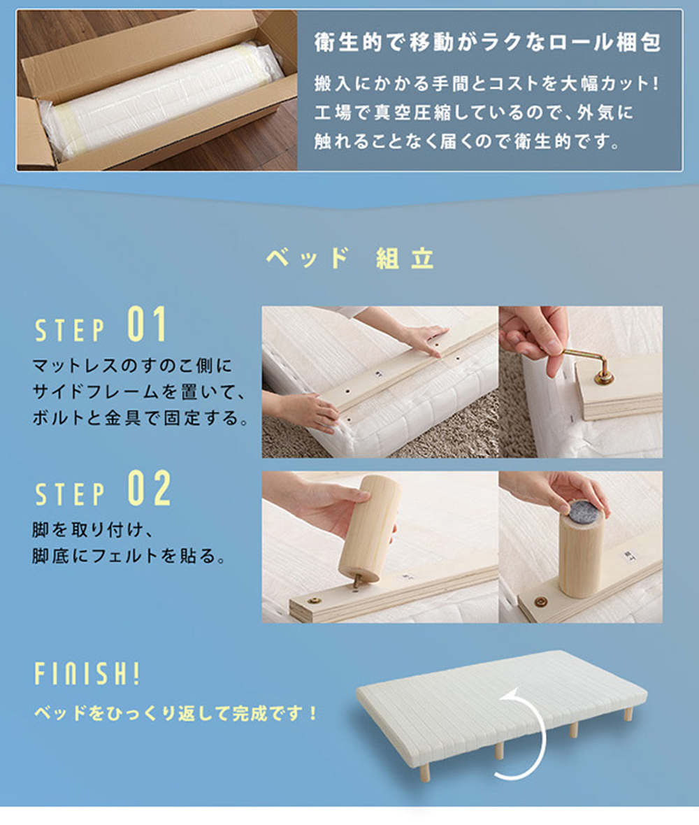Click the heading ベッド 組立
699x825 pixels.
pyautogui.click(x=349, y=259)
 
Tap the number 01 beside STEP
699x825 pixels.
pyautogui.click(x=147, y=324)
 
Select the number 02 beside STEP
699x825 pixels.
pyautogui.click(x=150, y=488)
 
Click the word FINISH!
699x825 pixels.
pyautogui.click(x=87, y=673)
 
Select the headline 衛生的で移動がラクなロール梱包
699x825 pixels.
pyautogui.click(x=488, y=42)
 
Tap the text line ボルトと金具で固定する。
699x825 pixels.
pyautogui.click(x=141, y=418)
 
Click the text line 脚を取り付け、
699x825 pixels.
pyautogui.click(x=93, y=529)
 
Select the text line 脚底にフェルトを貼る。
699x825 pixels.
pyautogui.click(x=129, y=556)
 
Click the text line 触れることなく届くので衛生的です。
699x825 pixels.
pyautogui.click(x=468, y=141)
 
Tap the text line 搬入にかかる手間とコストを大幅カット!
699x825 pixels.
pyautogui.click(x=487, y=83)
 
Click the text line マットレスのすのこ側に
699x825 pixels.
pyautogui.click(x=132, y=365)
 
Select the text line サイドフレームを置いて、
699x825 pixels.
pyautogui.click(x=139, y=392)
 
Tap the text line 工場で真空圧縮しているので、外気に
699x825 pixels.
pyautogui.click(x=473, y=112)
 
